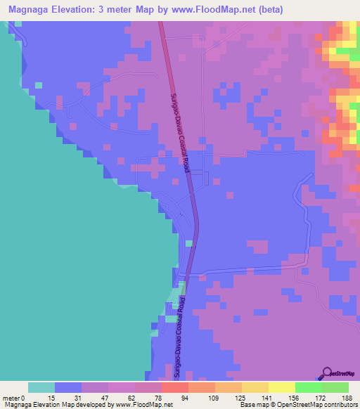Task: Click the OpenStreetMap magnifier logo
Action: tap(328, 373)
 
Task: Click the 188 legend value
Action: tap(347, 397)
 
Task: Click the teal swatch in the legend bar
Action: tap(41, 387)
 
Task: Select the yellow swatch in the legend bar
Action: tap(281, 387)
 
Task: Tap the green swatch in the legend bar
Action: tap(308, 387)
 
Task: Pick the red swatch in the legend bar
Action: tap(174, 387)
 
